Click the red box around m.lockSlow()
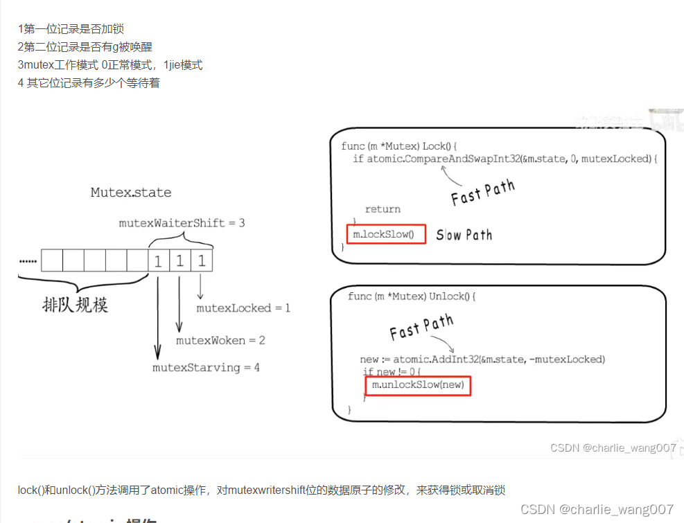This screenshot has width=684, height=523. (386, 234)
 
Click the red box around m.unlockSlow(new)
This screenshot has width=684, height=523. (418, 384)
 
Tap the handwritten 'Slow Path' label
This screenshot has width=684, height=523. (464, 236)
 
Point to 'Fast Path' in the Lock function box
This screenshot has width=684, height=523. (483, 192)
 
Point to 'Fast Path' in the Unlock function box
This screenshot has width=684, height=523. (421, 326)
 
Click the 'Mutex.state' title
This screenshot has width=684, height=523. (131, 193)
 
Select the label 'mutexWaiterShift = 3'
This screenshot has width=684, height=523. (182, 223)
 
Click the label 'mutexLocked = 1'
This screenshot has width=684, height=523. (243, 308)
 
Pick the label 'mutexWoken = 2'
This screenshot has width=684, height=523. (220, 340)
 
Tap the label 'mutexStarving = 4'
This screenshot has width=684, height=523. (206, 368)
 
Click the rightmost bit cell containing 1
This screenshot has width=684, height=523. (202, 260)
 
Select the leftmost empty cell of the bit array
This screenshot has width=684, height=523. (52, 260)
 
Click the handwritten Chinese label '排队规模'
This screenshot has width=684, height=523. (75, 304)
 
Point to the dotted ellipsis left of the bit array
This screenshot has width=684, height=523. (28, 261)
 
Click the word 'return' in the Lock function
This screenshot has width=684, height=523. (383, 209)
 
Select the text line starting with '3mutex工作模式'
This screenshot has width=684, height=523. (110, 65)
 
